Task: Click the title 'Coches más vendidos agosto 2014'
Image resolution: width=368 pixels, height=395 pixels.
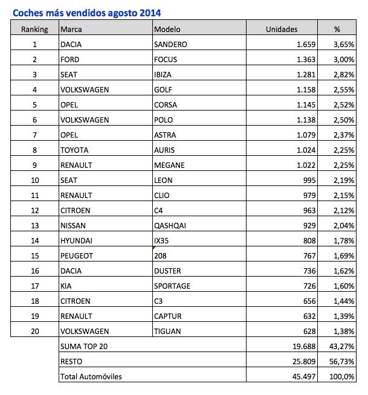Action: tap(87, 11)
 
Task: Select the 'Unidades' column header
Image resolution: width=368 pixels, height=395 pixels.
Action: tap(281, 29)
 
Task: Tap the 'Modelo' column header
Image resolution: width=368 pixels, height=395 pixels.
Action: tap(167, 29)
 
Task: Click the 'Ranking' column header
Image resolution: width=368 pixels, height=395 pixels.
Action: tap(34, 29)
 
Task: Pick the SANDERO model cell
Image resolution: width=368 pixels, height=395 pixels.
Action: tap(171, 44)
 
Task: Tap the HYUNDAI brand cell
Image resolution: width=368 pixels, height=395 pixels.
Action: tap(77, 240)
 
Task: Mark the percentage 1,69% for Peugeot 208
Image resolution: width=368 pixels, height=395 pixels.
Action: tap(343, 255)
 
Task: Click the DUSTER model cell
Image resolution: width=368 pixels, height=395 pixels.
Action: tap(169, 271)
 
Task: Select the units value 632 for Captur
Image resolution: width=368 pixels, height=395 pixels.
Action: tap(308, 316)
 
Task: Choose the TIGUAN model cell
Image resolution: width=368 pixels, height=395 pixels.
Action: tap(169, 331)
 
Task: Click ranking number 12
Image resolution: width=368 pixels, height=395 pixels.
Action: tap(34, 210)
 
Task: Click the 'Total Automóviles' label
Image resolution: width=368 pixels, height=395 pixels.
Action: tap(92, 377)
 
